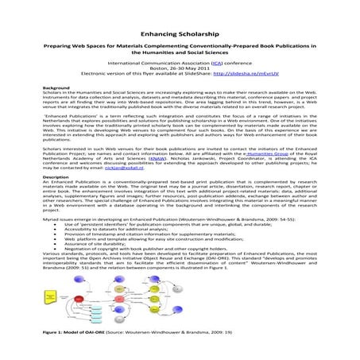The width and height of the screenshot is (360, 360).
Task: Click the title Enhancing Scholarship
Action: pos(180,35)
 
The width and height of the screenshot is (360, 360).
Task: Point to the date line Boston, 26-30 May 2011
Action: pos(180,70)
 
